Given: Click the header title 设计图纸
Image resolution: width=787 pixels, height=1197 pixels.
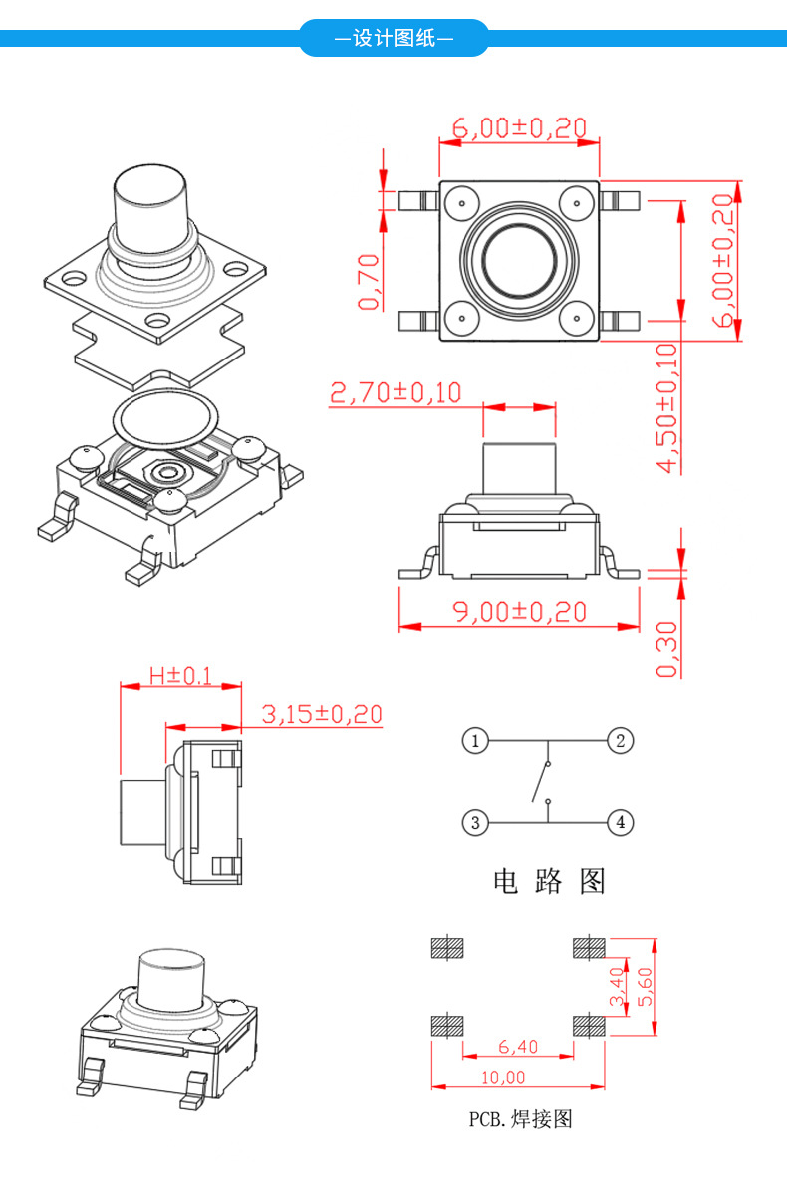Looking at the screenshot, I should [x=393, y=39].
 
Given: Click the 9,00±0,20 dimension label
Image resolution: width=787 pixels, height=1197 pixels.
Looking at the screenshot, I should [x=520, y=611].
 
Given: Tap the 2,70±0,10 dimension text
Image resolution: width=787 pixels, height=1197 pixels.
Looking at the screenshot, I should [x=395, y=392].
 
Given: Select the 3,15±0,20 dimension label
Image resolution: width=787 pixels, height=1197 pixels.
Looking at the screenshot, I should [x=322, y=714].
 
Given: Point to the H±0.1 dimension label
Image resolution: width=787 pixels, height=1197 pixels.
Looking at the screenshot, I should [x=180, y=675].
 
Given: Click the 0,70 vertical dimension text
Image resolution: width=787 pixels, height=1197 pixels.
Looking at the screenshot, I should [x=369, y=281].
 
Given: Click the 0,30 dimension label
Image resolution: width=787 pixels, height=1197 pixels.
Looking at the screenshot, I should [x=667, y=649].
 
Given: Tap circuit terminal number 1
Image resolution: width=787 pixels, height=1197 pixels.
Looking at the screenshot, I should [x=476, y=740].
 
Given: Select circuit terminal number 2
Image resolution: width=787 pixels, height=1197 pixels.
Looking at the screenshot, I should [x=620, y=740].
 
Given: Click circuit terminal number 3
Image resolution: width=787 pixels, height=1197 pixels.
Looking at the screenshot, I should [x=476, y=822].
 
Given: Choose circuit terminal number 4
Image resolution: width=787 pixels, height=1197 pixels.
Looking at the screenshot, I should [x=620, y=822].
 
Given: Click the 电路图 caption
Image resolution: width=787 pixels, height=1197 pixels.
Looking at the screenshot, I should [x=549, y=881].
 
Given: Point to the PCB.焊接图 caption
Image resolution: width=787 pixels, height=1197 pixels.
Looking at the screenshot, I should [x=521, y=1119].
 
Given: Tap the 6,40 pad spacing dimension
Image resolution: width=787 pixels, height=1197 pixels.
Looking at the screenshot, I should [x=518, y=1046].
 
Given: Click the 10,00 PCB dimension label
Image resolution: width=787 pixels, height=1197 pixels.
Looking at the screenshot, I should [x=518, y=1077].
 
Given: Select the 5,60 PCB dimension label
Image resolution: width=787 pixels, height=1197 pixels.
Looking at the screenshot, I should [x=645, y=987].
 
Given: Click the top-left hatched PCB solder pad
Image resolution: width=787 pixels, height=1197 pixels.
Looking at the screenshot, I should [x=446, y=947].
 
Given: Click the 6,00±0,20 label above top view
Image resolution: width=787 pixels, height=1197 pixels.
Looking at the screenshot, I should [x=519, y=127].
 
